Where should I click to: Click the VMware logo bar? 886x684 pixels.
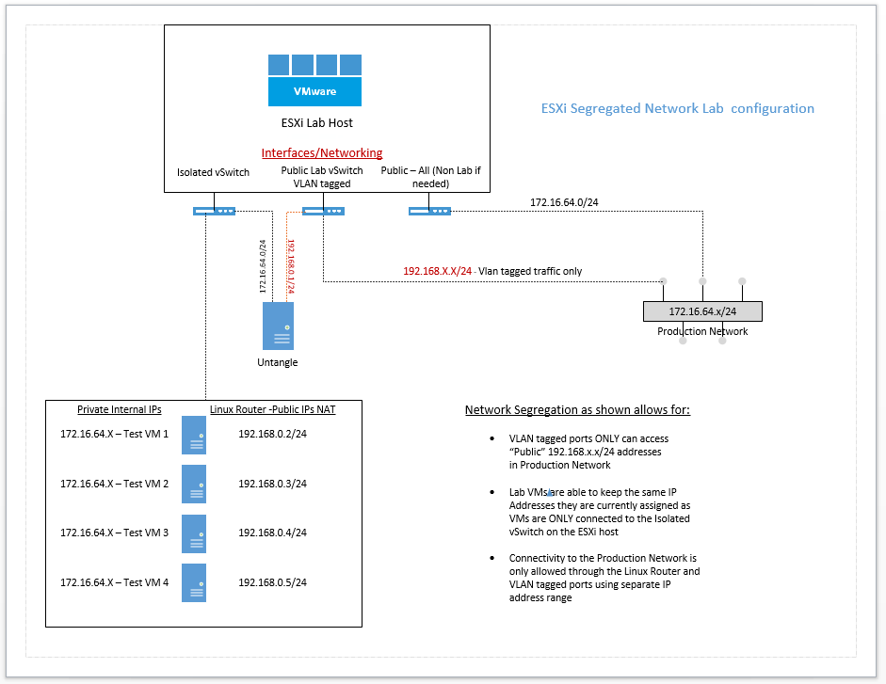pyautogui.click(x=314, y=91)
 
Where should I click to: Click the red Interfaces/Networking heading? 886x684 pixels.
pyautogui.click(x=321, y=152)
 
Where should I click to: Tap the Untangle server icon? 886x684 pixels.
pyautogui.click(x=278, y=326)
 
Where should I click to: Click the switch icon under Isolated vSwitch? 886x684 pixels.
pyautogui.click(x=215, y=211)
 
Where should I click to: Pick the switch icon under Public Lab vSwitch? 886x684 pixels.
pyautogui.click(x=322, y=211)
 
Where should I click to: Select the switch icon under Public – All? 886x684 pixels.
pyautogui.click(x=429, y=211)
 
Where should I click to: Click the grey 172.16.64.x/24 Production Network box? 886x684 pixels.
pyautogui.click(x=702, y=311)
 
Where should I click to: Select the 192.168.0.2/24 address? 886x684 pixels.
pyautogui.click(x=273, y=434)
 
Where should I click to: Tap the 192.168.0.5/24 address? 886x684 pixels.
pyautogui.click(x=273, y=582)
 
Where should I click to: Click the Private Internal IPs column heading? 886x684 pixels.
pyautogui.click(x=120, y=409)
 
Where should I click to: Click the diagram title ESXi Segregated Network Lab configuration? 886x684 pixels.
pyautogui.click(x=677, y=108)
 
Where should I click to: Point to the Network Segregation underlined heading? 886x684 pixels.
pyautogui.click(x=577, y=410)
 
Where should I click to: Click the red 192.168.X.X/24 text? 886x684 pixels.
pyautogui.click(x=437, y=271)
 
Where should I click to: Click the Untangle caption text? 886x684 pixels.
pyautogui.click(x=278, y=362)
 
